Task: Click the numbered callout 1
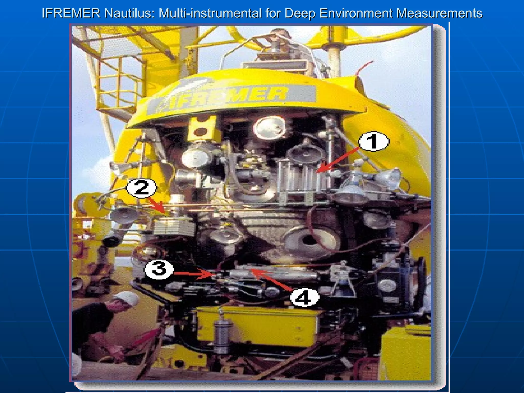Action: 374,141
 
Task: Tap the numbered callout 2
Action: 141,188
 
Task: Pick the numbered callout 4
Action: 304,297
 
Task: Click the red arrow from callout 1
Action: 338,159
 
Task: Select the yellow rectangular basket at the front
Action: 257,327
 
